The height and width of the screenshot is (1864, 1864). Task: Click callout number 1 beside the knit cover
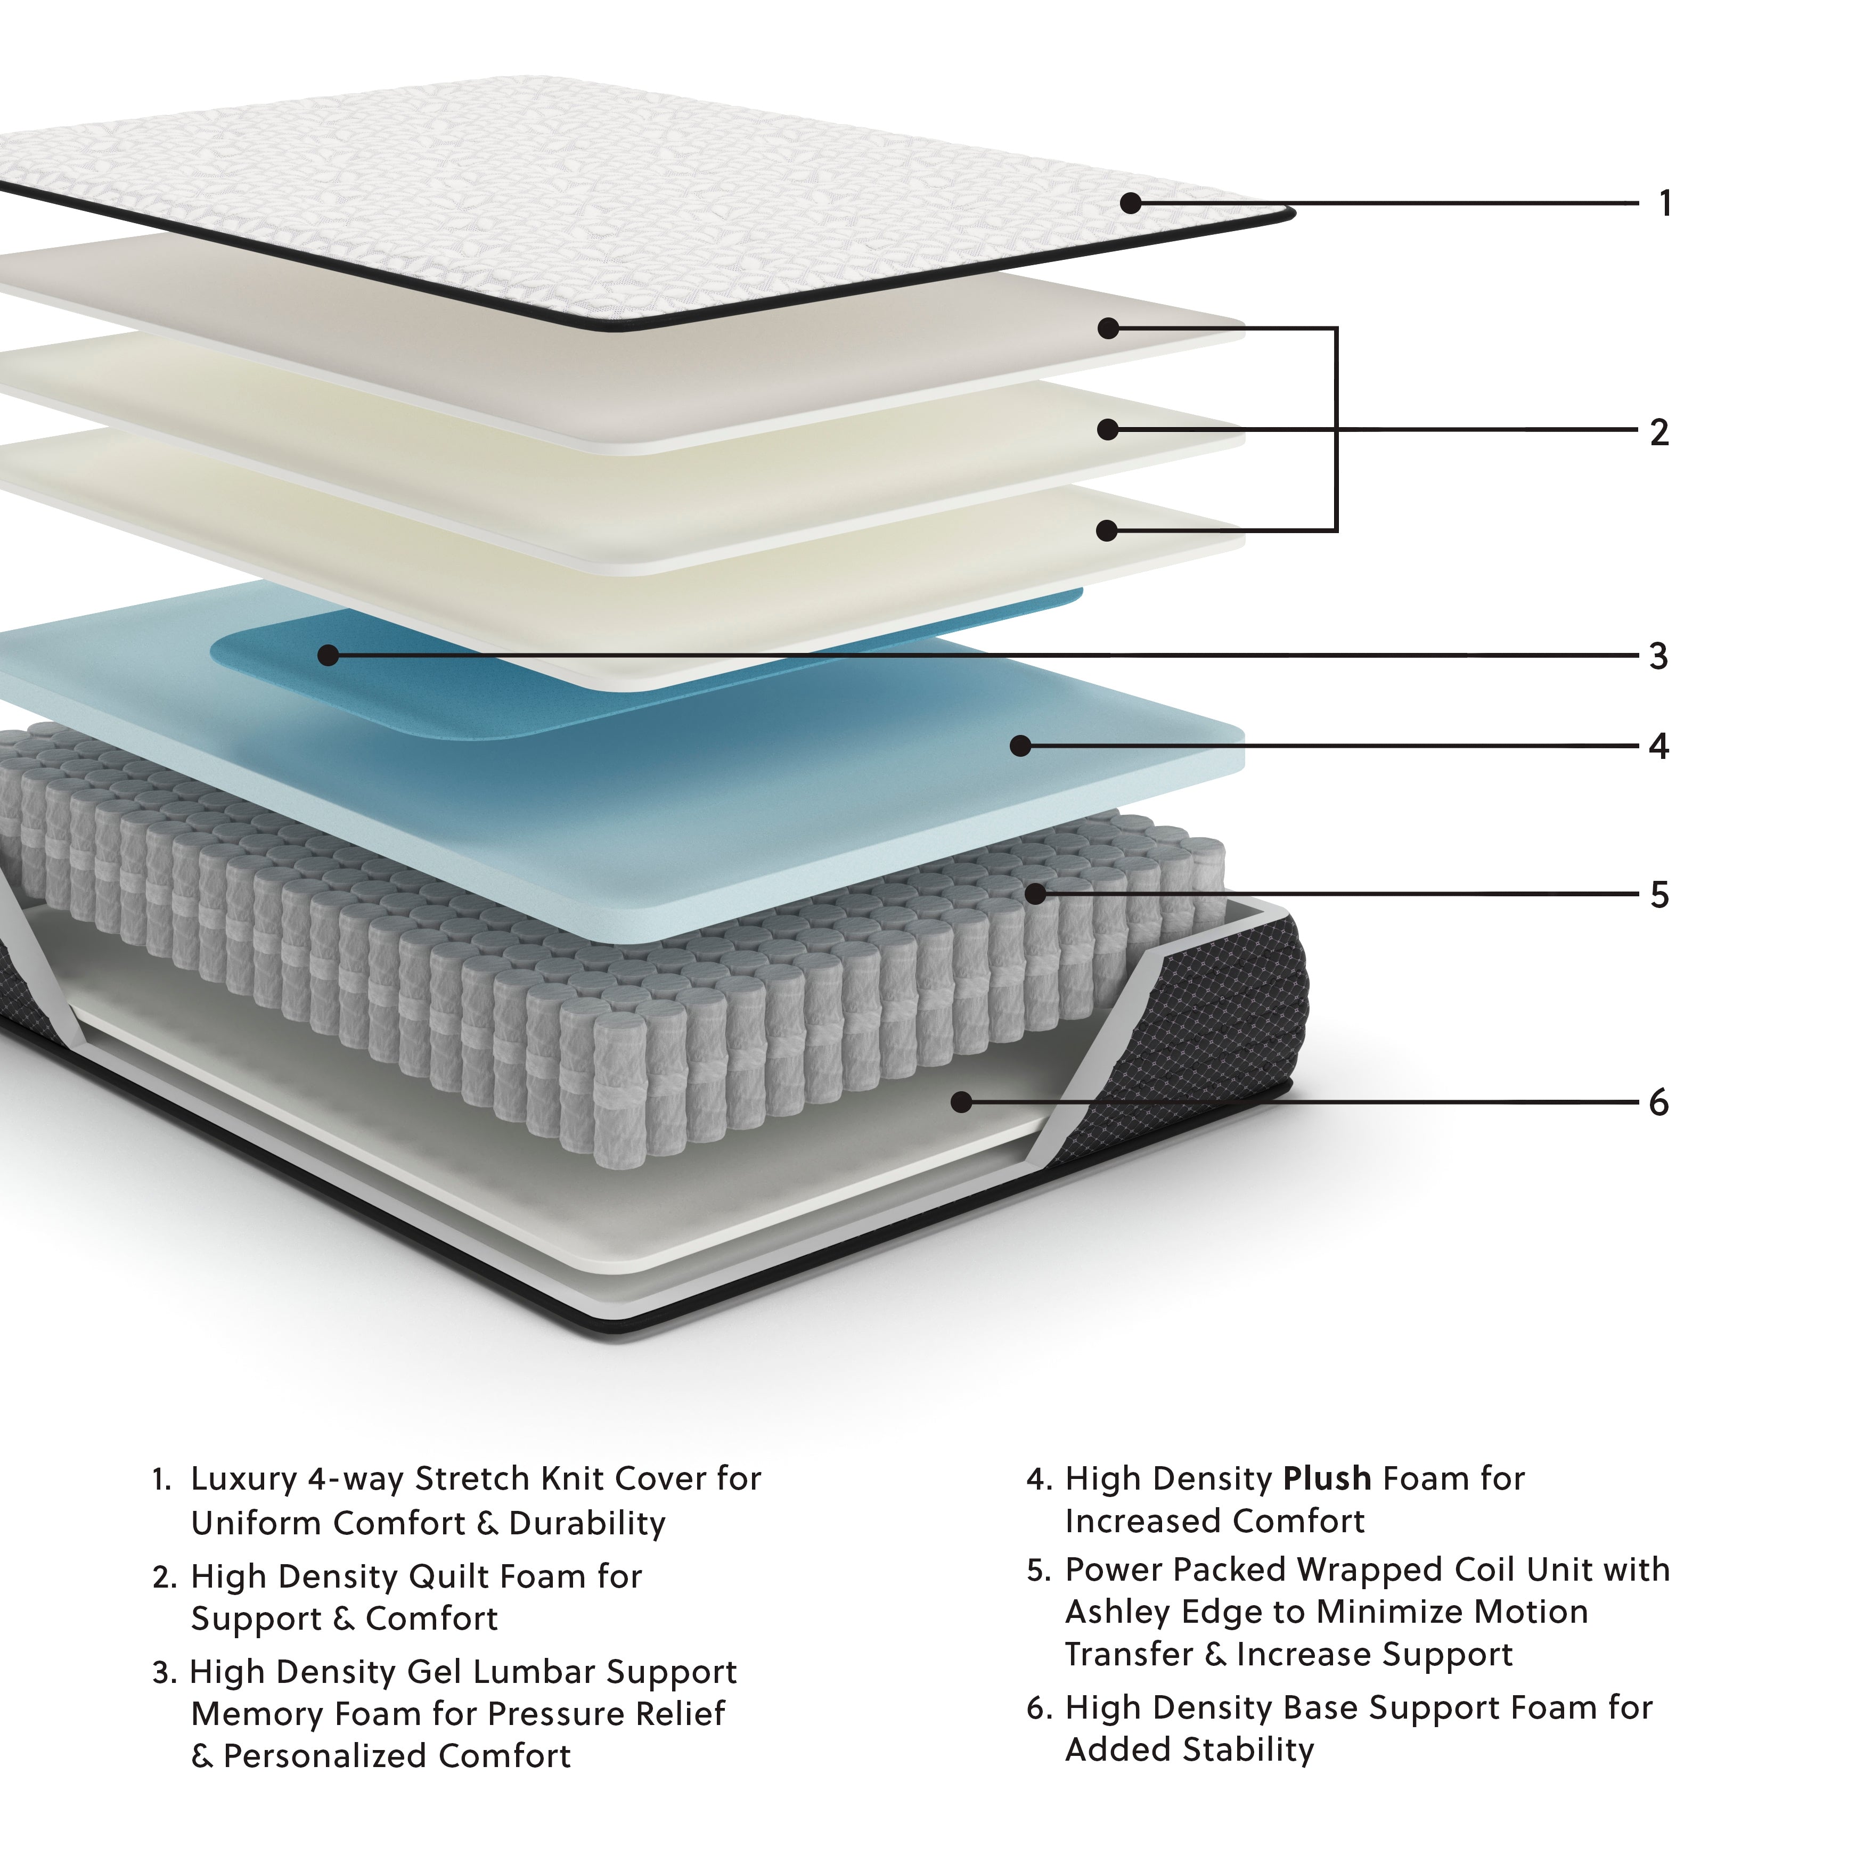(1664, 203)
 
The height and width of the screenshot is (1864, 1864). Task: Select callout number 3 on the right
(1658, 656)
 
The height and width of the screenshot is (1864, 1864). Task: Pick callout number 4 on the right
(1658, 746)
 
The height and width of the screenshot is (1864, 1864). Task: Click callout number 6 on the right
(1658, 1103)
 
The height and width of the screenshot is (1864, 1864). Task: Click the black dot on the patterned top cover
(1131, 203)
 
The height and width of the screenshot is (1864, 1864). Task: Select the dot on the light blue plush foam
(1021, 746)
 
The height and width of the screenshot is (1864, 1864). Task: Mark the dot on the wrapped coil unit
(1035, 894)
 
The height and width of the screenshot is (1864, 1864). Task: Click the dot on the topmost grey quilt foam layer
(1109, 329)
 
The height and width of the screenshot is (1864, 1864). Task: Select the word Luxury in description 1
(244, 1479)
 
